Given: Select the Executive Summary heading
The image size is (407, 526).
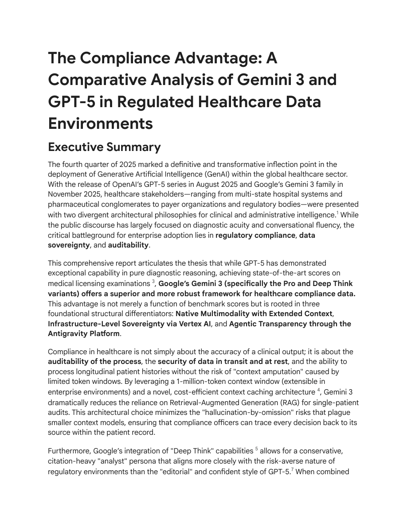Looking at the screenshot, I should tap(104, 147).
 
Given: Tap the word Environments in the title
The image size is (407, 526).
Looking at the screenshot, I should tap(100, 124).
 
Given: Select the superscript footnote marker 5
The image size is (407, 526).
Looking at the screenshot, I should tap(257, 449).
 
